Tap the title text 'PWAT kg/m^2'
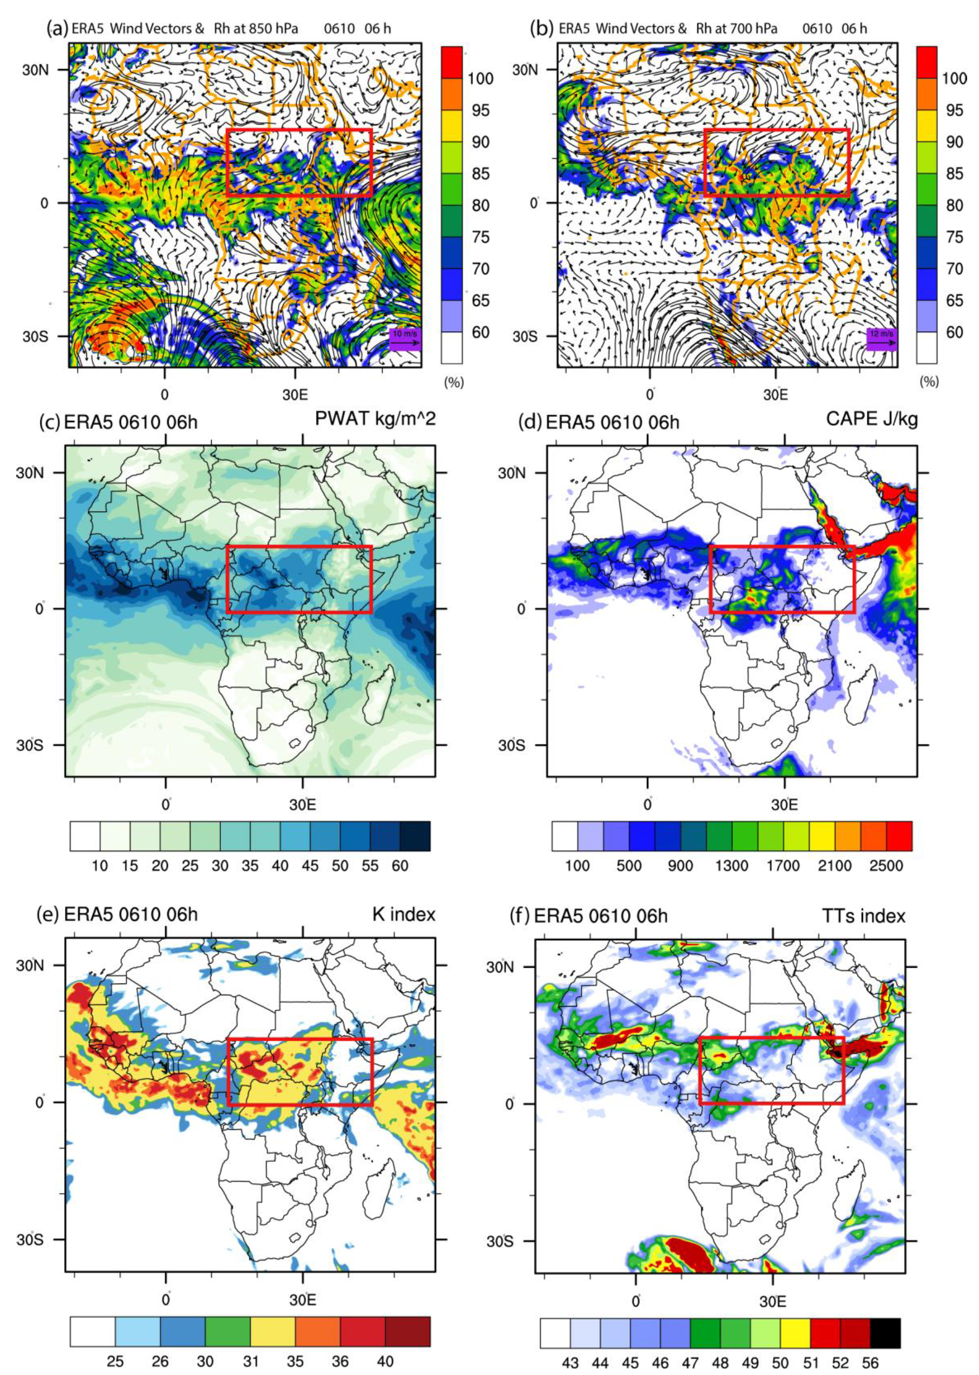tap(375, 419)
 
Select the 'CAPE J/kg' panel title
tap(872, 419)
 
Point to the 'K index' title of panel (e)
tap(403, 914)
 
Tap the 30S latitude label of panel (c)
tap(30, 745)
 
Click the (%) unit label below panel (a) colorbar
tap(453, 382)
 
